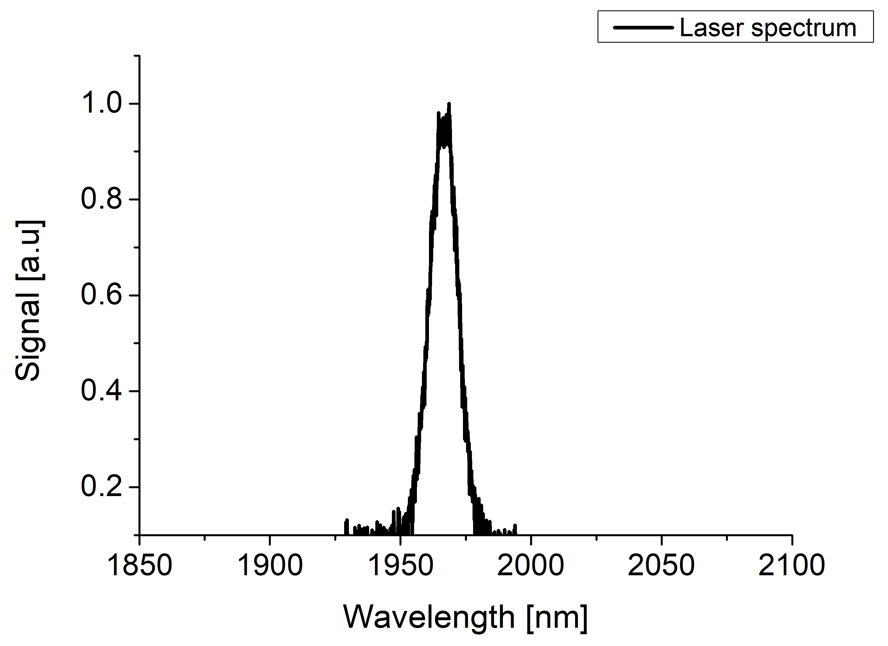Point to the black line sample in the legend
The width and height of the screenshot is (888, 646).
(x=643, y=28)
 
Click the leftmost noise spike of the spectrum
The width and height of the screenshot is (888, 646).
(x=346, y=522)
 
